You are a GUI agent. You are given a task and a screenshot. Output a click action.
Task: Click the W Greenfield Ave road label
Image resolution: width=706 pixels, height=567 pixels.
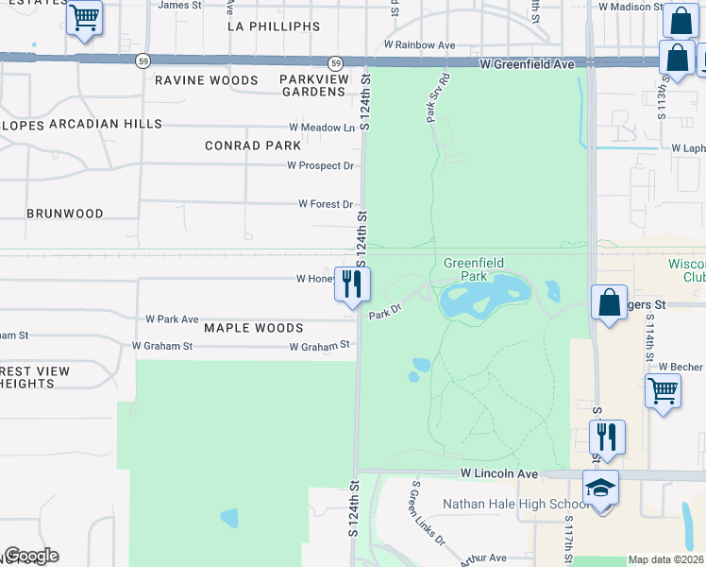pos(527,64)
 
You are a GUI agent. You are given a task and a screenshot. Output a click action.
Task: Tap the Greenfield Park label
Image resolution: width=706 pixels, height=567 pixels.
pos(474,269)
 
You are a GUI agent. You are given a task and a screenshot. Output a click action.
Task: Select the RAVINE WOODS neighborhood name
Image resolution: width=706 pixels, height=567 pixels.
pos(207,80)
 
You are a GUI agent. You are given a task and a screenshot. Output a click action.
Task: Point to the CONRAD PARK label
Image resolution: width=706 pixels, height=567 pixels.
pos(253,146)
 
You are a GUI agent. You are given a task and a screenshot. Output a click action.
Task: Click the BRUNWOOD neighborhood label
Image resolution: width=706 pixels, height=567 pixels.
pos(65,214)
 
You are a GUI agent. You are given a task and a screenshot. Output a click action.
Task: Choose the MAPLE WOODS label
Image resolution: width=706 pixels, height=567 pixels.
pos(254,328)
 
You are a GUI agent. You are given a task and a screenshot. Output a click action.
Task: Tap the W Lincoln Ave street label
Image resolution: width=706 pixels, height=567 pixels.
pos(499,472)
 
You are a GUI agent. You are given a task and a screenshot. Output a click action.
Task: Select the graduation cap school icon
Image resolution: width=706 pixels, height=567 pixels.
pos(600,489)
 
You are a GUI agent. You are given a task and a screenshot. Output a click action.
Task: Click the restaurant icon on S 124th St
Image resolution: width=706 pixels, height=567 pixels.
pos(352,283)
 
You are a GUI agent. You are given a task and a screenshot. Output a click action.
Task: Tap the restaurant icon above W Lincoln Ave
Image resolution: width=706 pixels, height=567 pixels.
pos(606,436)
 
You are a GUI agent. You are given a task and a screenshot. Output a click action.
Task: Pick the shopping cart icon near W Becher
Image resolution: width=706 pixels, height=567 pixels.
pos(663,388)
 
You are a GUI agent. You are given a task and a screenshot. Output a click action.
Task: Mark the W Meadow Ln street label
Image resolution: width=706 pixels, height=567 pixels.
pos(322,128)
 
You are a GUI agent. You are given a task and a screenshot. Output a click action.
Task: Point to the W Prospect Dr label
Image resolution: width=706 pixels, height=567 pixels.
pos(320,165)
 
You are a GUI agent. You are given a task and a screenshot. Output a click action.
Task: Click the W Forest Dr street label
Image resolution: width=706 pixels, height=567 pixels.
pos(325,203)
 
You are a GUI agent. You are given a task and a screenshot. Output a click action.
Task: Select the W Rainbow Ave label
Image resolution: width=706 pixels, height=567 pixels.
pos(419,44)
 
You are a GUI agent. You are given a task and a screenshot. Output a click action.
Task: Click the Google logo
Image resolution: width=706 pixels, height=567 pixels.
pos(31,556)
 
